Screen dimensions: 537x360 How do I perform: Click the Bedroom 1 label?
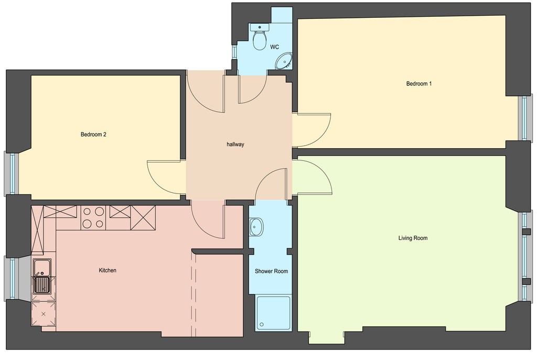click(x=419, y=83)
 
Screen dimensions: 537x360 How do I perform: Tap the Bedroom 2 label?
click(x=93, y=135)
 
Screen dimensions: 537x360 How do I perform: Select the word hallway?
click(x=235, y=145)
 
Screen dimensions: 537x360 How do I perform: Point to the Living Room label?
click(x=413, y=238)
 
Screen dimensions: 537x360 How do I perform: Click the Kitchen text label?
click(x=108, y=270)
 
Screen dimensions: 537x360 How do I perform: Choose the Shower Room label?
click(x=271, y=271)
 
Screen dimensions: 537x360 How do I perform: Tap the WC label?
click(x=274, y=47)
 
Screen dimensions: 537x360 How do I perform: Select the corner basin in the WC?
click(x=284, y=61)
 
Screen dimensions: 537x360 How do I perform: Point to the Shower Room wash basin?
click(x=255, y=226)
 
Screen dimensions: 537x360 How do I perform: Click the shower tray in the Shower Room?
click(x=273, y=313)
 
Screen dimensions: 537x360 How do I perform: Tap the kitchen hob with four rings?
click(x=93, y=218)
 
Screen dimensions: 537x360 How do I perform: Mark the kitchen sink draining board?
click(x=42, y=285)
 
